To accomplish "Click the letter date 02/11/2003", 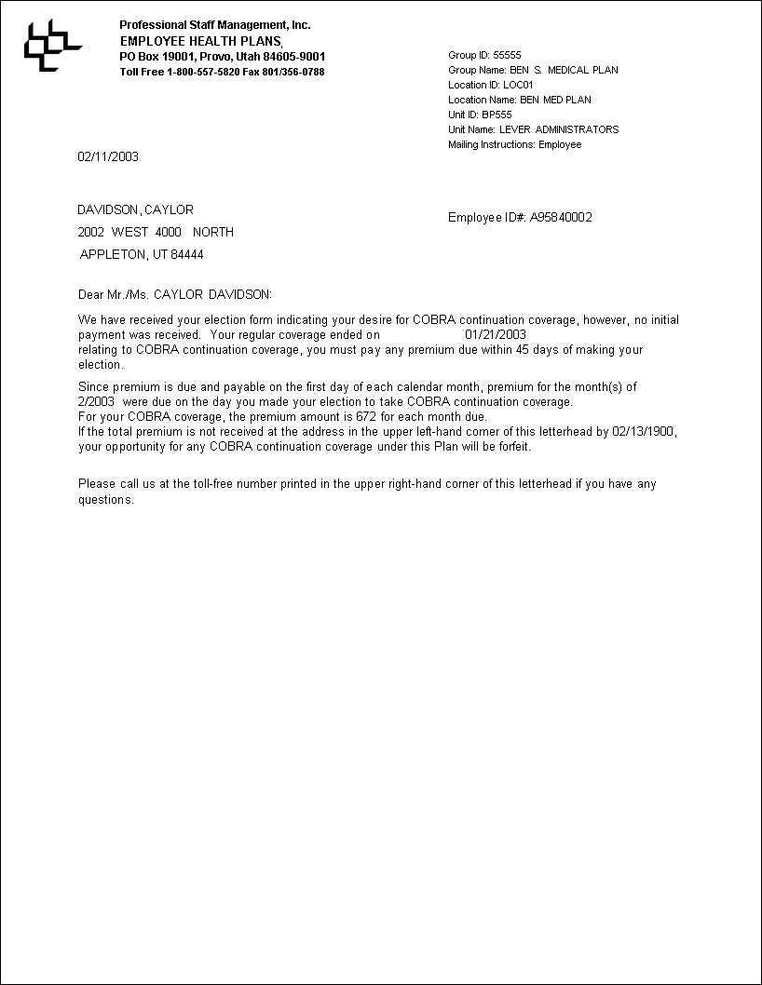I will coord(108,156).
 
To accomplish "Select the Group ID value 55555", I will coord(507,55).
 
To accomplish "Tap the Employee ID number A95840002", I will coord(561,218).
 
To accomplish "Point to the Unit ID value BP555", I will coord(497,115).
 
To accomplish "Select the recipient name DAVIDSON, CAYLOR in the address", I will coord(135,210).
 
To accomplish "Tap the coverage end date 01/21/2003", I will coord(496,334).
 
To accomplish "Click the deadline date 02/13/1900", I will coord(644,432).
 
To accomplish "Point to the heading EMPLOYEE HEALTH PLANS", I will coord(200,42).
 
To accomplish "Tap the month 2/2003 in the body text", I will coord(96,402).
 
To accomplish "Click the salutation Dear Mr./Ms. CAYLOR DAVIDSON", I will coord(175,295).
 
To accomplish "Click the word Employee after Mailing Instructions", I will coord(560,144).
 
